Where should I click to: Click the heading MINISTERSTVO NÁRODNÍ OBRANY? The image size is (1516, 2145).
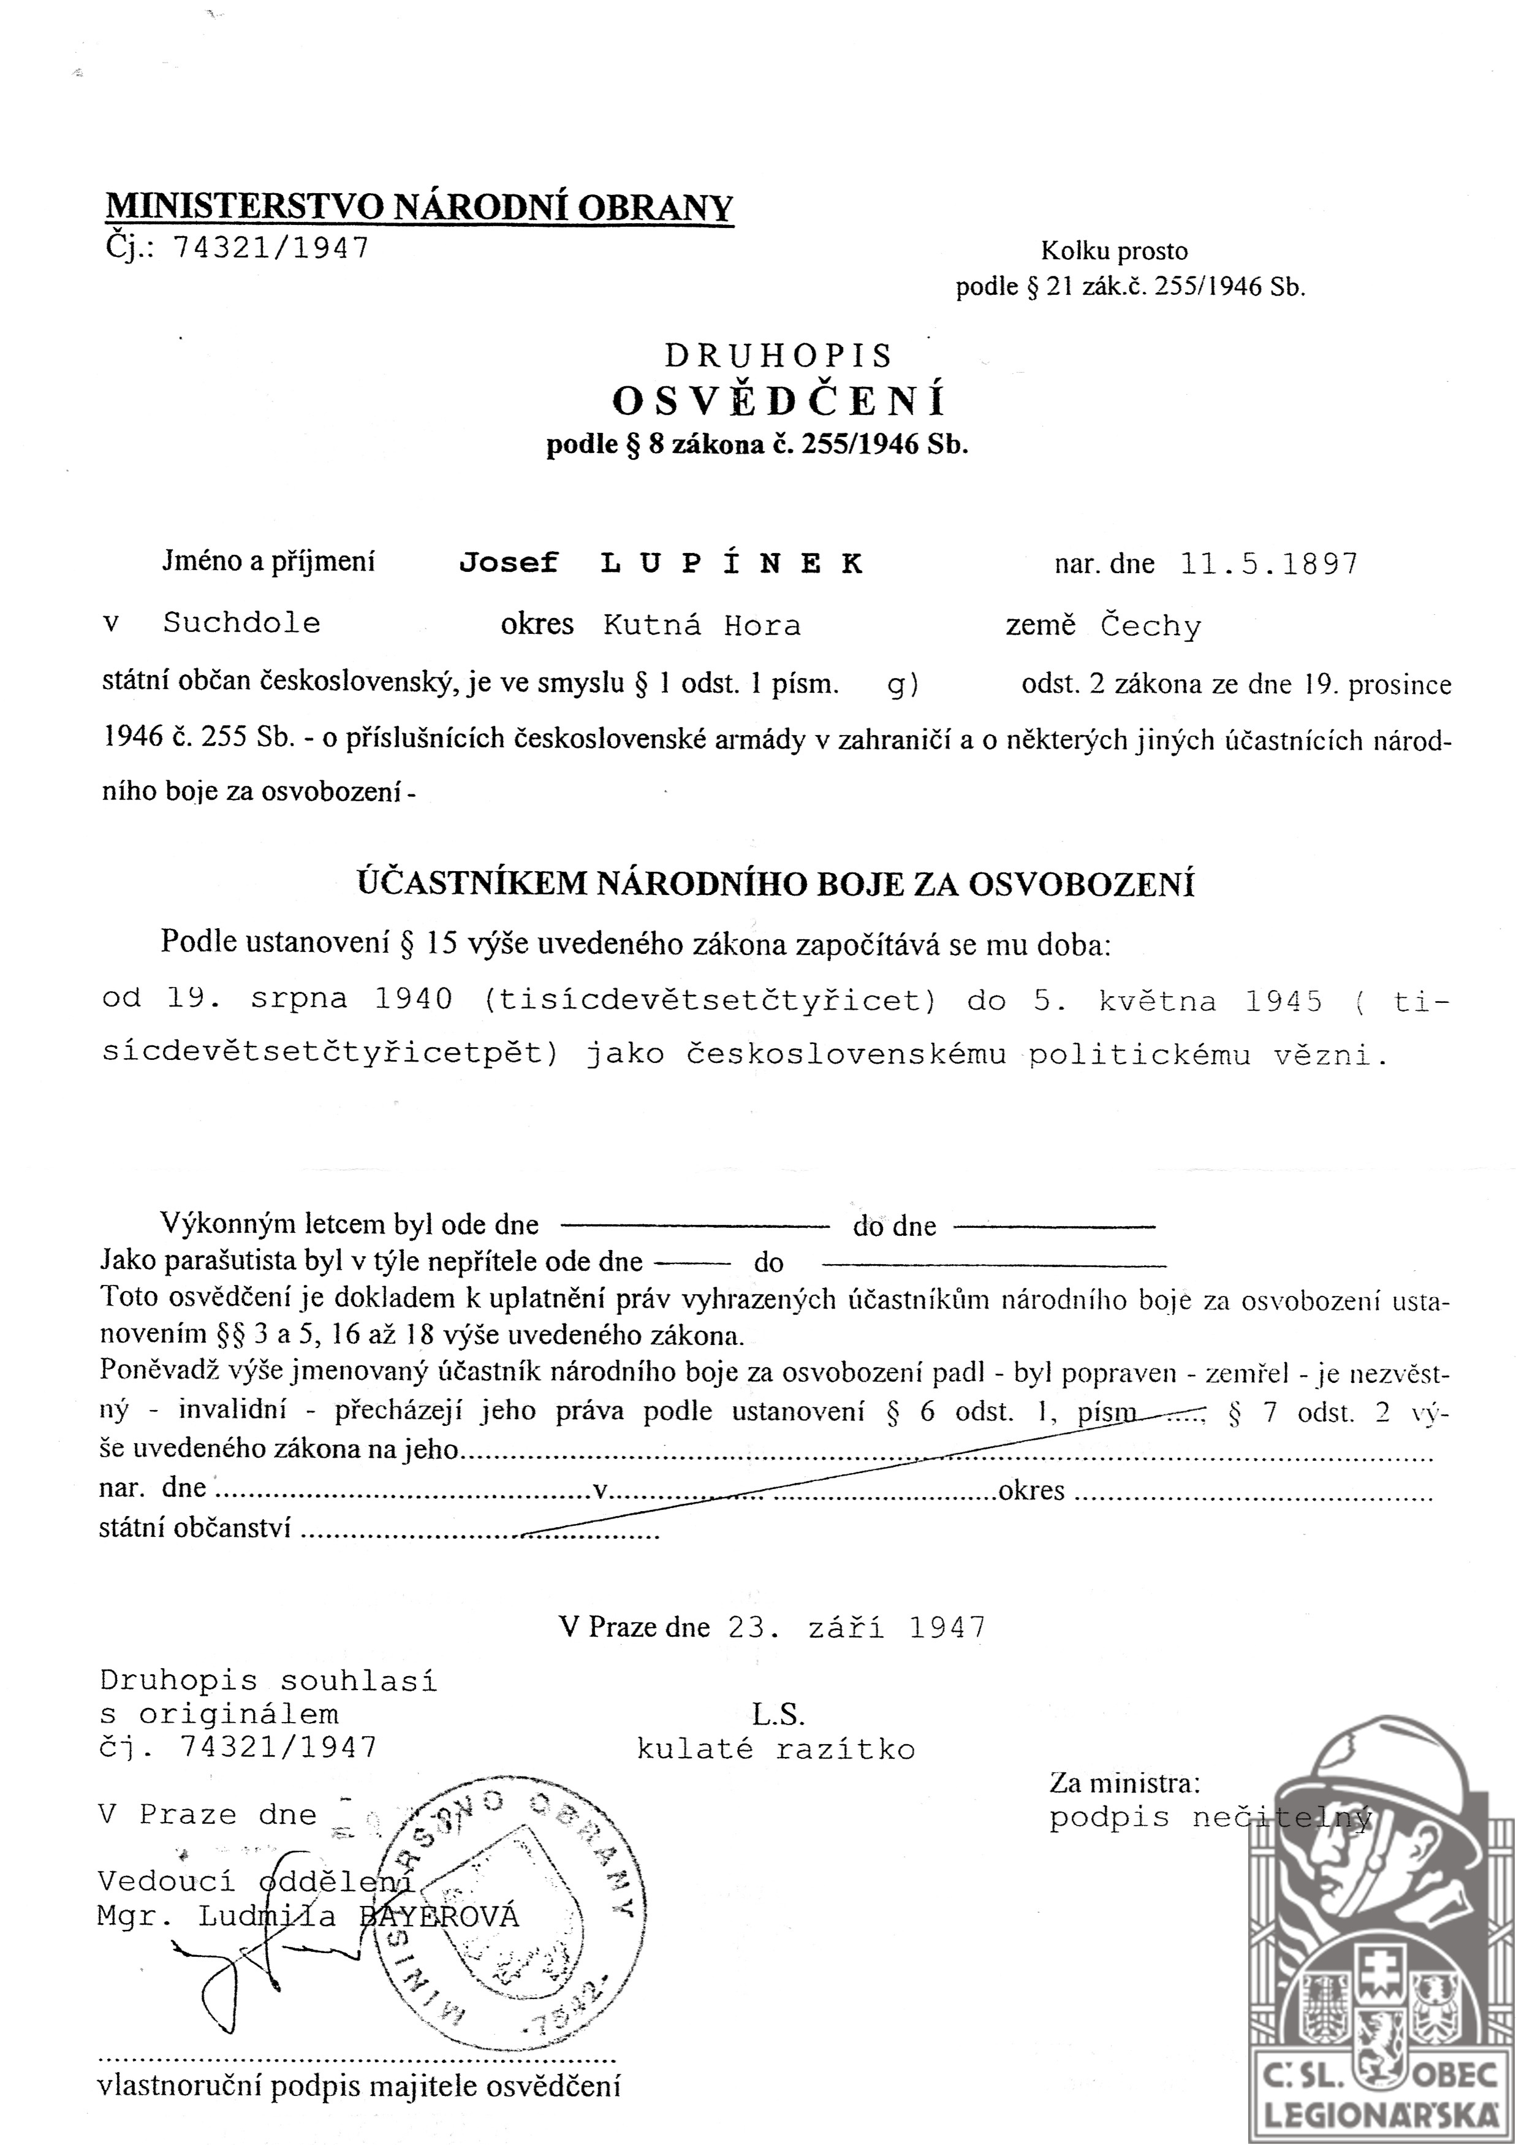click(x=419, y=207)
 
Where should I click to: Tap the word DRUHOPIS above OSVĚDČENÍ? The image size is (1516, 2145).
click(x=779, y=356)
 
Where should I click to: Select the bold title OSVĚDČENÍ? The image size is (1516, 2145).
click(x=779, y=401)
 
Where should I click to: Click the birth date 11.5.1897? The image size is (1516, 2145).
click(x=1268, y=563)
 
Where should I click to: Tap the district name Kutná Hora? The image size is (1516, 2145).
click(x=702, y=625)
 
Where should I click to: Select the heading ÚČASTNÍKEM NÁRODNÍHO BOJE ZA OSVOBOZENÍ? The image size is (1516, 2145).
click(x=776, y=884)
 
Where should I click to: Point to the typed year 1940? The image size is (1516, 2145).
click(x=413, y=1000)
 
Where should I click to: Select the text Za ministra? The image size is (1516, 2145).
click(x=1124, y=1783)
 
